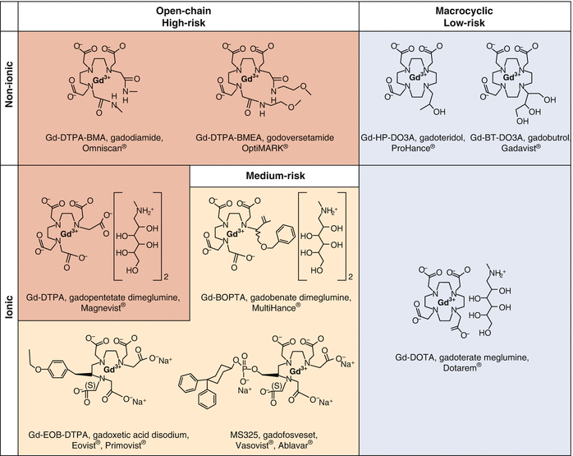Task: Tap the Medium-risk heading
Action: pyautogui.click(x=274, y=177)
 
